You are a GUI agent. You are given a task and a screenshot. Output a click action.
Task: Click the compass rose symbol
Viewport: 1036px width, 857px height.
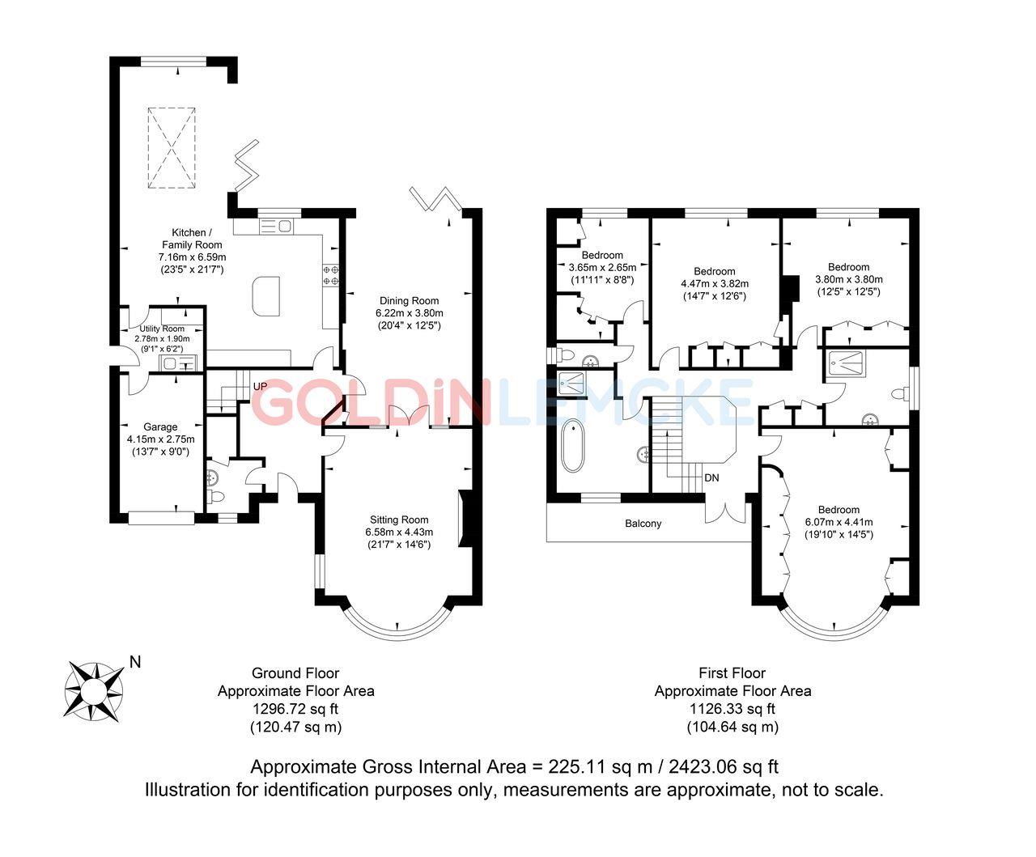[x=95, y=690]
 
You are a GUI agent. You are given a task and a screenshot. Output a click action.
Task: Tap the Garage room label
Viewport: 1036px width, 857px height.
[x=160, y=426]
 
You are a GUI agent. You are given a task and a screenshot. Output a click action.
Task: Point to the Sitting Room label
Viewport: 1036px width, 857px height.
[x=399, y=520]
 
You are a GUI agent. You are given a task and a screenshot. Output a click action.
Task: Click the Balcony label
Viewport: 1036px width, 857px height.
[x=643, y=524]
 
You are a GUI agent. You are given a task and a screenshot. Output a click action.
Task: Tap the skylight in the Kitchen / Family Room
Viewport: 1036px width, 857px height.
[x=172, y=148]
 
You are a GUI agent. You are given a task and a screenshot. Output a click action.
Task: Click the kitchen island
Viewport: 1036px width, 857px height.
[x=266, y=295]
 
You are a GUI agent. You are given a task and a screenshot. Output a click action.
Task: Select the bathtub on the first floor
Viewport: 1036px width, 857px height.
[x=572, y=446]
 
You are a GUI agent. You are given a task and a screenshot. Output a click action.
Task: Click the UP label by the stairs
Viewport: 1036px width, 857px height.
[x=260, y=386]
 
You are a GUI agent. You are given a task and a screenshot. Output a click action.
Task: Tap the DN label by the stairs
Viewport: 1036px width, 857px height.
[x=711, y=478]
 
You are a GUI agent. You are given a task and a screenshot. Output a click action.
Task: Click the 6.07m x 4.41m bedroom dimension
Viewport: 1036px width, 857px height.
[x=838, y=522]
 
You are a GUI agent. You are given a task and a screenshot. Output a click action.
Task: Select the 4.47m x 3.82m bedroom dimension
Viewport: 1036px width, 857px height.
[x=715, y=283]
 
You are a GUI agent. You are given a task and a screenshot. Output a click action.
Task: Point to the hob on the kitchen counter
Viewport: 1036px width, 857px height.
[x=330, y=275]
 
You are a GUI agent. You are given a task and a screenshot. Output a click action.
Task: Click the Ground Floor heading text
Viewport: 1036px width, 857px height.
[x=295, y=672]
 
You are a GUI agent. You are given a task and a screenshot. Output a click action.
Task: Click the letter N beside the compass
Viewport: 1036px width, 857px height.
[x=135, y=662]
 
